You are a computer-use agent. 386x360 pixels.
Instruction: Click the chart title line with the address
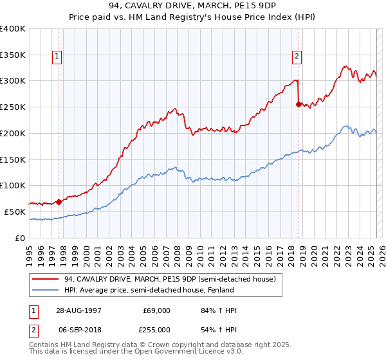click(193, 6)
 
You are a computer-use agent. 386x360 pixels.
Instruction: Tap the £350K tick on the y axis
click(13, 55)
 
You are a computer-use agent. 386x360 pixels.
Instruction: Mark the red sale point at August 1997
click(59, 201)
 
